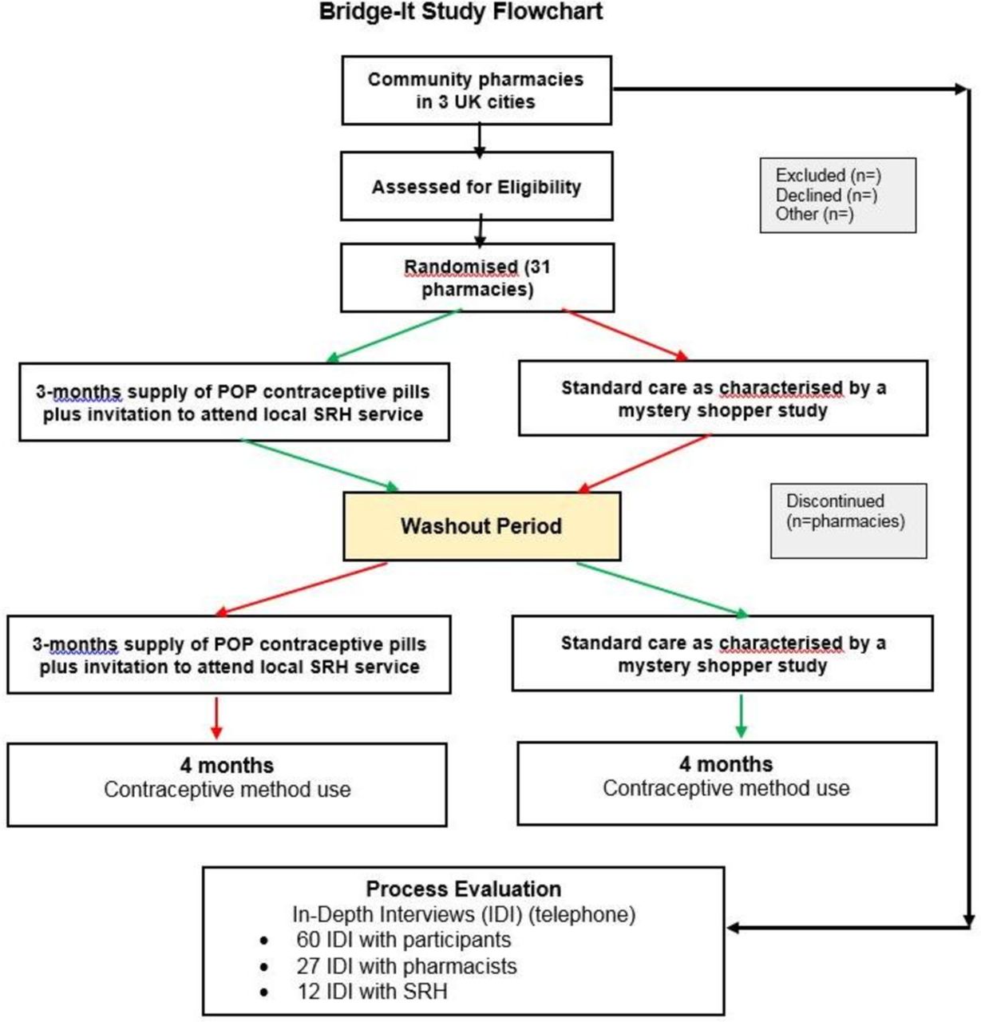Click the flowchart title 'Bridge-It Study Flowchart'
461,12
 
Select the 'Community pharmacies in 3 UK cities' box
477,90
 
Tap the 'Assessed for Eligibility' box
477,186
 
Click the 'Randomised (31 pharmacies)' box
477,277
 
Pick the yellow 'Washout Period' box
481,525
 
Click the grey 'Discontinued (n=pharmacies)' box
848,521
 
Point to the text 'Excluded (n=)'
829,175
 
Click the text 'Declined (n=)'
827,195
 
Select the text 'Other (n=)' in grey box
814,214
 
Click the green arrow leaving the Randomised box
394,335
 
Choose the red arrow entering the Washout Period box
644,464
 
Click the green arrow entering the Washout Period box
320,465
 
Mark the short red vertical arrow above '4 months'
216,718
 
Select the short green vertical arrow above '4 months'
741,716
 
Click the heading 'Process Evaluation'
463,889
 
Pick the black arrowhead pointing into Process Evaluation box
733,928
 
